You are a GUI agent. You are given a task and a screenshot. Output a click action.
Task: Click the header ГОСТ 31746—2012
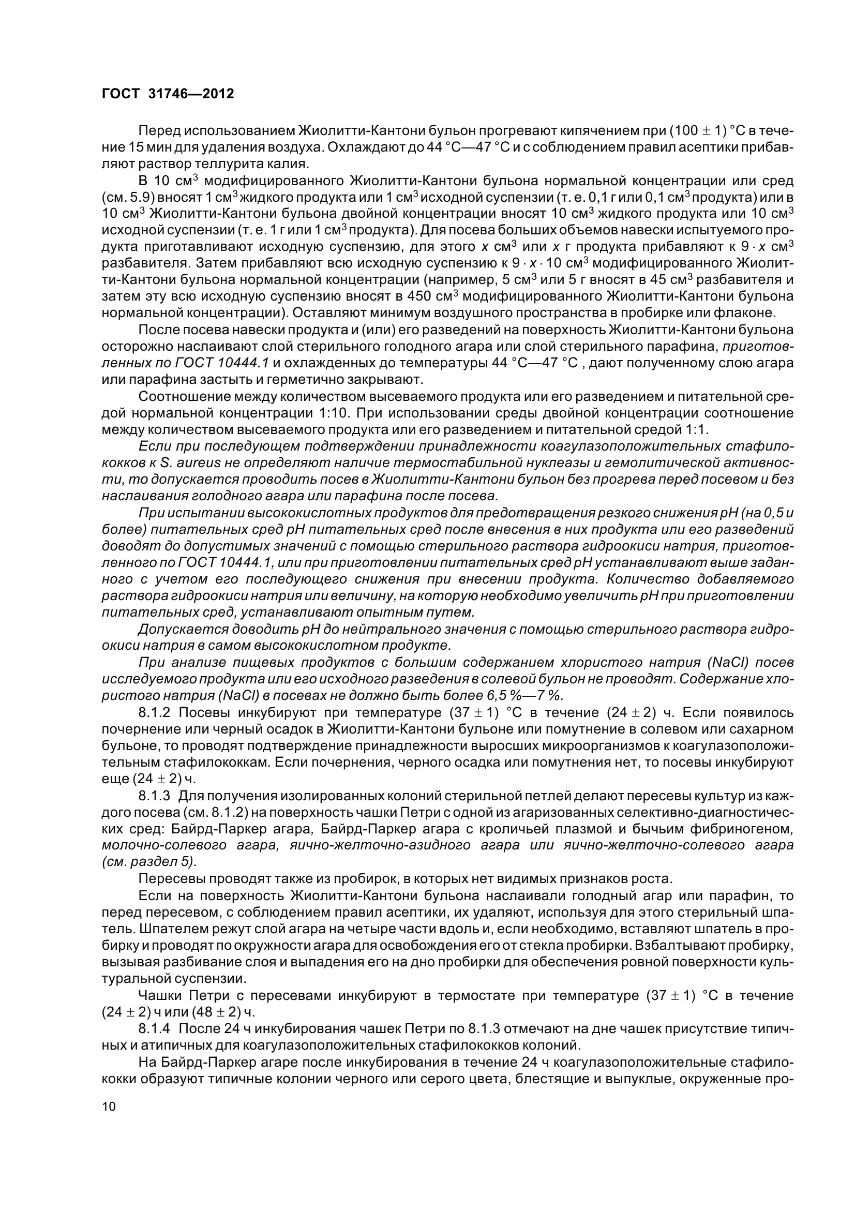click(x=167, y=94)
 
